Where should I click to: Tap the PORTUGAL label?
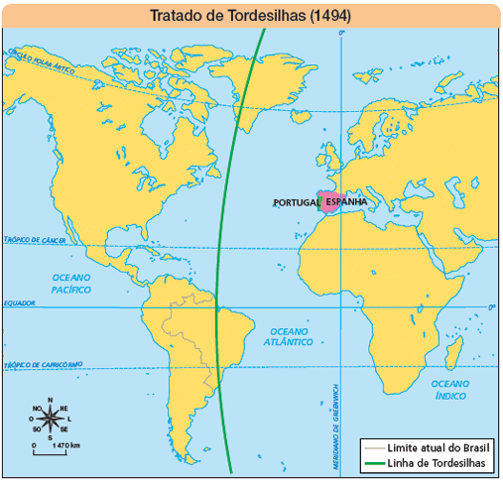tap(295, 203)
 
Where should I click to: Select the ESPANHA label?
tap(345, 203)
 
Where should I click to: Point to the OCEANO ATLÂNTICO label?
tap(291, 336)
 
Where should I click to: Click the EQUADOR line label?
tap(19, 302)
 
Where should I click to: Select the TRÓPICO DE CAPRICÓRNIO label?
tap(41, 365)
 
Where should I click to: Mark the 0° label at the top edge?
tap(342, 34)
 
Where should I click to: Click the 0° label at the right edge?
tap(491, 307)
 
